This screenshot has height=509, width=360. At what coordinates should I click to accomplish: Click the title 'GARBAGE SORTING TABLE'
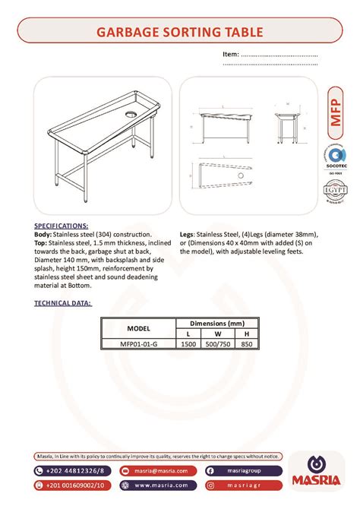point(179,32)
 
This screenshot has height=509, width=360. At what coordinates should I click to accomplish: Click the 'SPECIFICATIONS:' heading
point(62,226)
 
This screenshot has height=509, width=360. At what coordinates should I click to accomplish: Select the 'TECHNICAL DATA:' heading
point(64,302)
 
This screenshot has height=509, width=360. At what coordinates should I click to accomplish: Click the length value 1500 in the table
point(188,343)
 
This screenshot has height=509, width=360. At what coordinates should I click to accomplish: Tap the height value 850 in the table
point(245,343)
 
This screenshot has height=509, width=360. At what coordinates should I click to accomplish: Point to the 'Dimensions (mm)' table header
point(217,323)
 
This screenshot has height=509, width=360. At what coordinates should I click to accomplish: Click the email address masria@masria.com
point(161,471)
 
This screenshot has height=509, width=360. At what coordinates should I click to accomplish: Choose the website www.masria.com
point(161,485)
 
